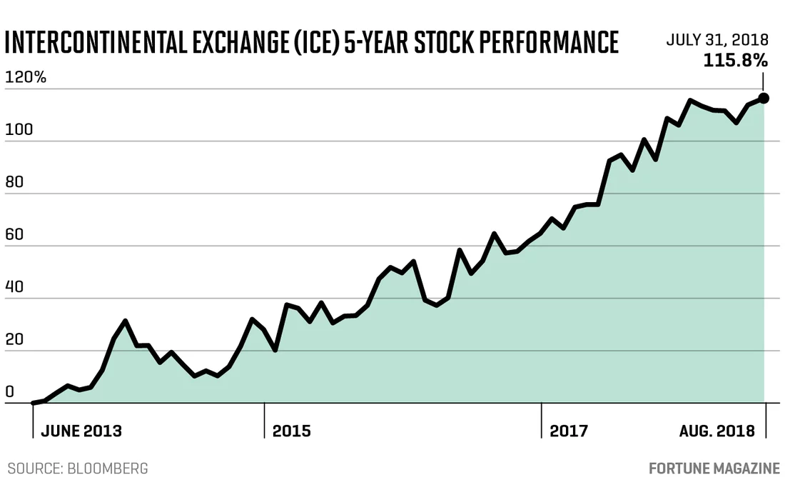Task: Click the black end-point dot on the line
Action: (x=764, y=98)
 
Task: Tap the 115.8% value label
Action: (x=735, y=61)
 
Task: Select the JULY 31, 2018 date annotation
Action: (x=717, y=40)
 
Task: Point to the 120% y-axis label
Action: (x=25, y=77)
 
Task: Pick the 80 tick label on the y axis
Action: (x=14, y=181)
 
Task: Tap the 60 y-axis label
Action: (x=14, y=234)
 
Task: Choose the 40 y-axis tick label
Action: (x=14, y=286)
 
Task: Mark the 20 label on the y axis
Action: (x=14, y=339)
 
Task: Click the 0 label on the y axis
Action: (x=9, y=391)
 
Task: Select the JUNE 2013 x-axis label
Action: (x=81, y=431)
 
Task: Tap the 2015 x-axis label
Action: (x=291, y=431)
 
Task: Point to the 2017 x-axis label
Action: (x=568, y=431)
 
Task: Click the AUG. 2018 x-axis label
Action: (x=717, y=431)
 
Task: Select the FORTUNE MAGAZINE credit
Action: (x=714, y=469)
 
